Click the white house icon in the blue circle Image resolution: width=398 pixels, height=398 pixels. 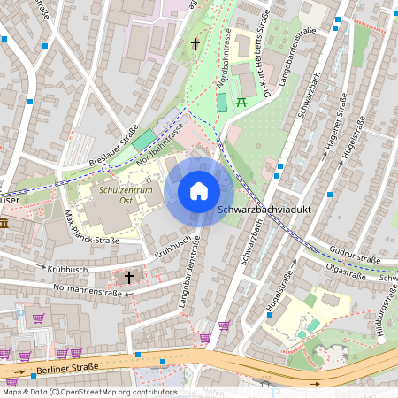click(198, 190)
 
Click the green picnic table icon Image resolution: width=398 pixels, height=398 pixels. click(241, 102)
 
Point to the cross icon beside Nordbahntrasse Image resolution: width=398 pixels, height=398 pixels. click(195, 43)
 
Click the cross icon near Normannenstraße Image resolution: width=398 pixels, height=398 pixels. click(129, 278)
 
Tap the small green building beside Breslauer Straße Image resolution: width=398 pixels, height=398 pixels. click(143, 140)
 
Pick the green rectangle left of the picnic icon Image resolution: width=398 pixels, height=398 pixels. click(221, 102)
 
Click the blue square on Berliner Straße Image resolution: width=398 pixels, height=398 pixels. click(138, 354)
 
